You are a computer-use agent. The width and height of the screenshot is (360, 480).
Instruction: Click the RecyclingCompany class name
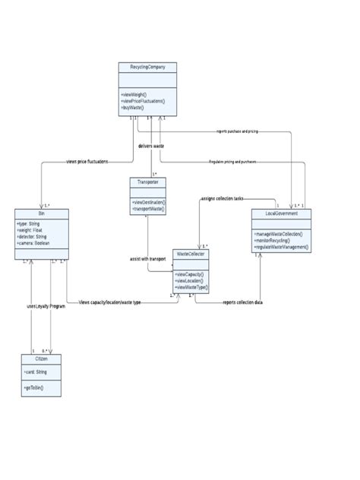[x=148, y=68]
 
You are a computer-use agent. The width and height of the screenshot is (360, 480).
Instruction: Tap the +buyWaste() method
[x=132, y=108]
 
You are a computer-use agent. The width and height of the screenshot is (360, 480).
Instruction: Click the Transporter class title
[x=148, y=183]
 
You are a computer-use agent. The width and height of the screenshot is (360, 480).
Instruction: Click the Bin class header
[x=41, y=213]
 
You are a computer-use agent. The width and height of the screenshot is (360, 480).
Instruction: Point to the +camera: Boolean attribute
[x=35, y=243]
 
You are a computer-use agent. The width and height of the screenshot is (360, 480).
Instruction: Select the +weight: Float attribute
[x=32, y=231]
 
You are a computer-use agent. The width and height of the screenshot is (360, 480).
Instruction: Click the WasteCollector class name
[x=190, y=252]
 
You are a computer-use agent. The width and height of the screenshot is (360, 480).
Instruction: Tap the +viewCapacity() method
[x=190, y=274]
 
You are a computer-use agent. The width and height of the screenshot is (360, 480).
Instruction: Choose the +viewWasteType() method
[x=191, y=288]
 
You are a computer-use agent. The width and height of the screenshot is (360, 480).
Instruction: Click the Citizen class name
[x=41, y=358]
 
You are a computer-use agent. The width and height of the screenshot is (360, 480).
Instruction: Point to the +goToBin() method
[x=34, y=387]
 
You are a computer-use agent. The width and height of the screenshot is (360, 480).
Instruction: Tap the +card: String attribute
[x=36, y=371]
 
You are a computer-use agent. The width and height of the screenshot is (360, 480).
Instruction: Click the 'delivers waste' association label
[x=151, y=146]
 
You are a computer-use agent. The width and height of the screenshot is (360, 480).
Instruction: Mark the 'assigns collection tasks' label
[x=223, y=197]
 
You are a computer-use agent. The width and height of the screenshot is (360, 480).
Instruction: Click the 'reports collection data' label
[x=242, y=302]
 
